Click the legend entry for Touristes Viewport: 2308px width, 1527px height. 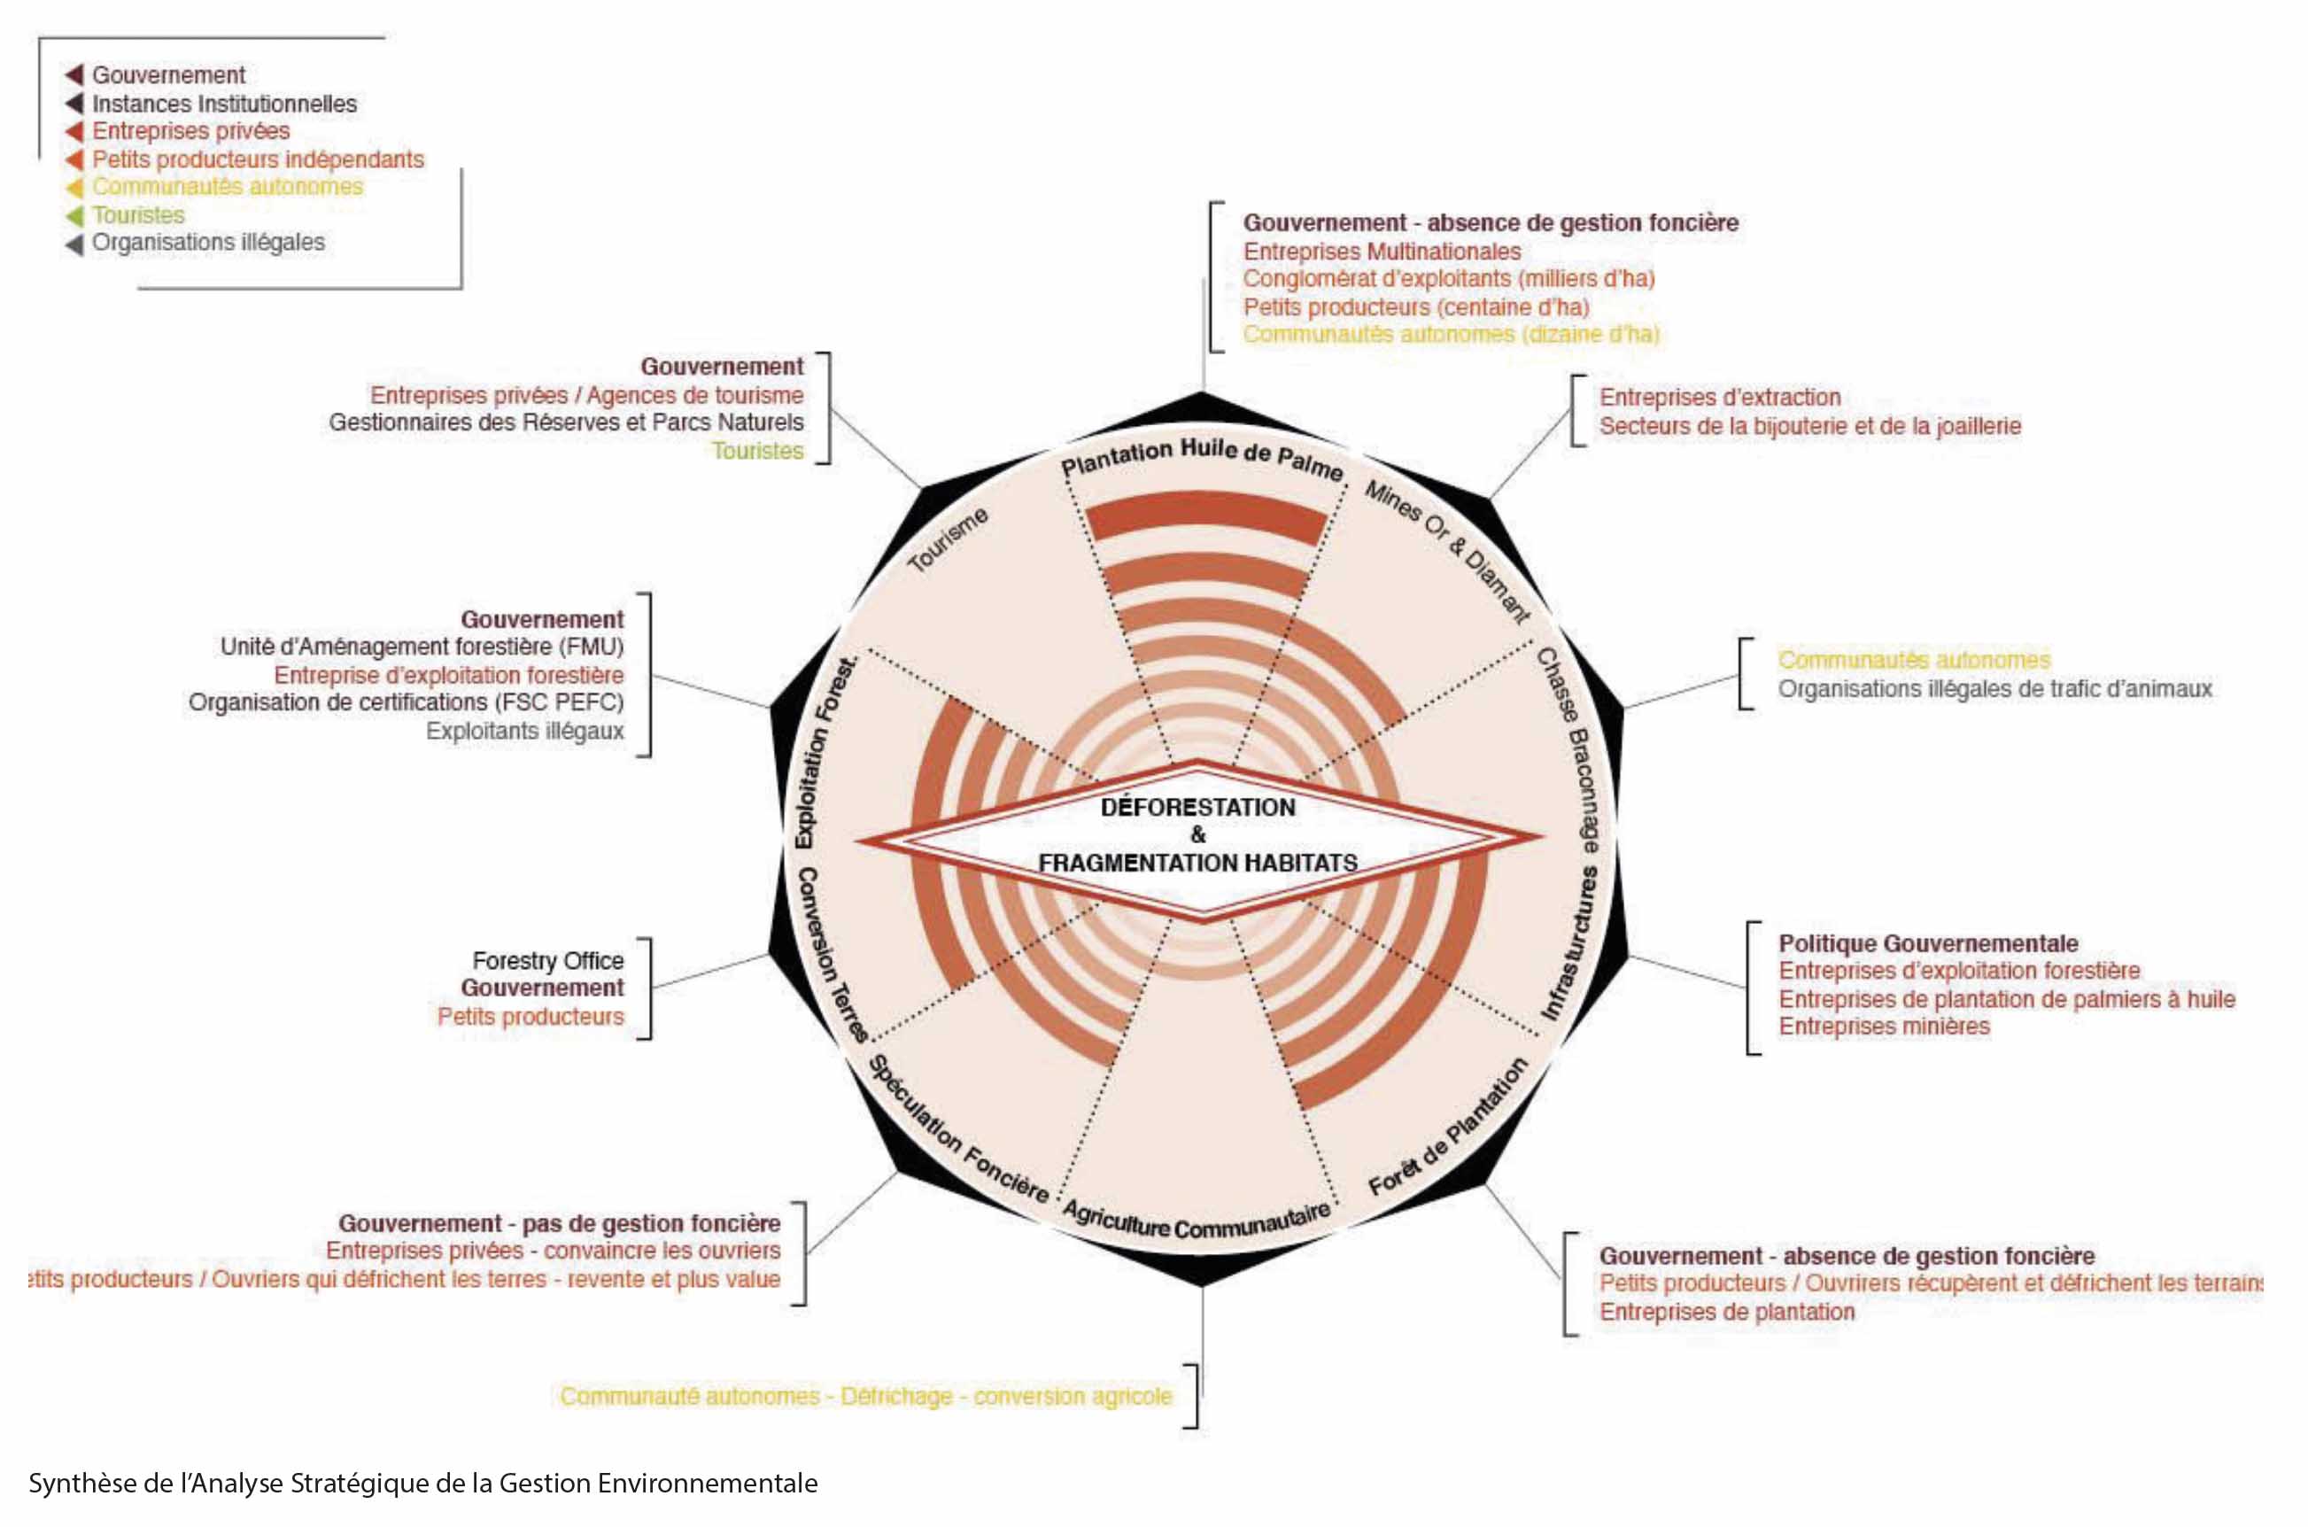(138, 214)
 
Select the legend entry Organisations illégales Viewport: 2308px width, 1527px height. (208, 242)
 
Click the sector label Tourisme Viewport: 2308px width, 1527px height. (948, 539)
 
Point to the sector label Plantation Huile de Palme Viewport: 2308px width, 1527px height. (1202, 458)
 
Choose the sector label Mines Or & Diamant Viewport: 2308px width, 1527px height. (1447, 550)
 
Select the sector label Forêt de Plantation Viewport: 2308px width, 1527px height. (1448, 1127)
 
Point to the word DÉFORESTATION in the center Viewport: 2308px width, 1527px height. (1197, 807)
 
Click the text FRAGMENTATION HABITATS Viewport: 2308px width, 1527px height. (1197, 863)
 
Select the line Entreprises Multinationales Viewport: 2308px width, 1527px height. (1381, 252)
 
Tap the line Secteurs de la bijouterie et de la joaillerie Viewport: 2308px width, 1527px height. (1809, 425)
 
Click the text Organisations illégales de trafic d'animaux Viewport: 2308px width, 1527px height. (1994, 688)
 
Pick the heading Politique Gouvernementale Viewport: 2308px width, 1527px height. (1928, 942)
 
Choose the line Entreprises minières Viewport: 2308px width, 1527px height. (1884, 1026)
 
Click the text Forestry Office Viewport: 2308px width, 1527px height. (547, 960)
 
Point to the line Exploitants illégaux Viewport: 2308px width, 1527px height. (524, 731)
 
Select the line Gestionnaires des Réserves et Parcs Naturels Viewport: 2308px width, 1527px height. (566, 422)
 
